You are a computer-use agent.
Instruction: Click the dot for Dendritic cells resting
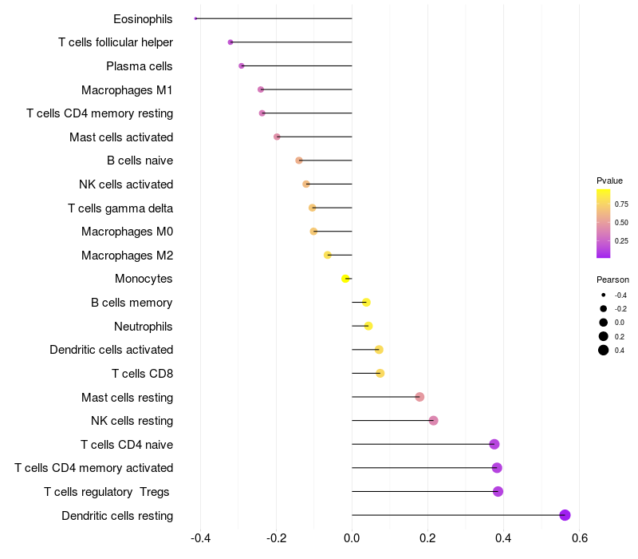point(565,515)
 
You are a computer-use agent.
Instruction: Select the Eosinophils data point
point(195,18)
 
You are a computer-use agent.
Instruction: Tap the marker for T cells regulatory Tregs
point(498,491)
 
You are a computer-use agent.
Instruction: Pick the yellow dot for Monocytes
point(345,279)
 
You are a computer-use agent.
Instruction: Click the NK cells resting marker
point(434,421)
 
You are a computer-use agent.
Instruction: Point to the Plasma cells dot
point(242,65)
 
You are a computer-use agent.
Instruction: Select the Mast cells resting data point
point(419,397)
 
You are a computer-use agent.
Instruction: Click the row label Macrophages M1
point(127,89)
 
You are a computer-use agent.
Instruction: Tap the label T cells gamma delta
point(120,208)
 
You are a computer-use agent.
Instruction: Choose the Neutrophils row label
point(144,326)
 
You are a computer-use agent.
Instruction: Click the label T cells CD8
point(143,374)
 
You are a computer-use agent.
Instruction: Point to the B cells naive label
point(140,161)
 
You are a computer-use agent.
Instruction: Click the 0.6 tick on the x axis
point(580,537)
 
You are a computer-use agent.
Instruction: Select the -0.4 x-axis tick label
point(200,537)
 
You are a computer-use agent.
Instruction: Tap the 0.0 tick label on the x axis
point(352,537)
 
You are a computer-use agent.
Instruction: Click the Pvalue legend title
point(609,180)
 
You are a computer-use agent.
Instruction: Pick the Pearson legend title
point(612,280)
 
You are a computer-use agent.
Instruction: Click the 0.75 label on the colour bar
point(621,204)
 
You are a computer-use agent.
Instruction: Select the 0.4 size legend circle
point(604,350)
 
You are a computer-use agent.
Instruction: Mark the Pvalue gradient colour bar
point(604,224)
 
